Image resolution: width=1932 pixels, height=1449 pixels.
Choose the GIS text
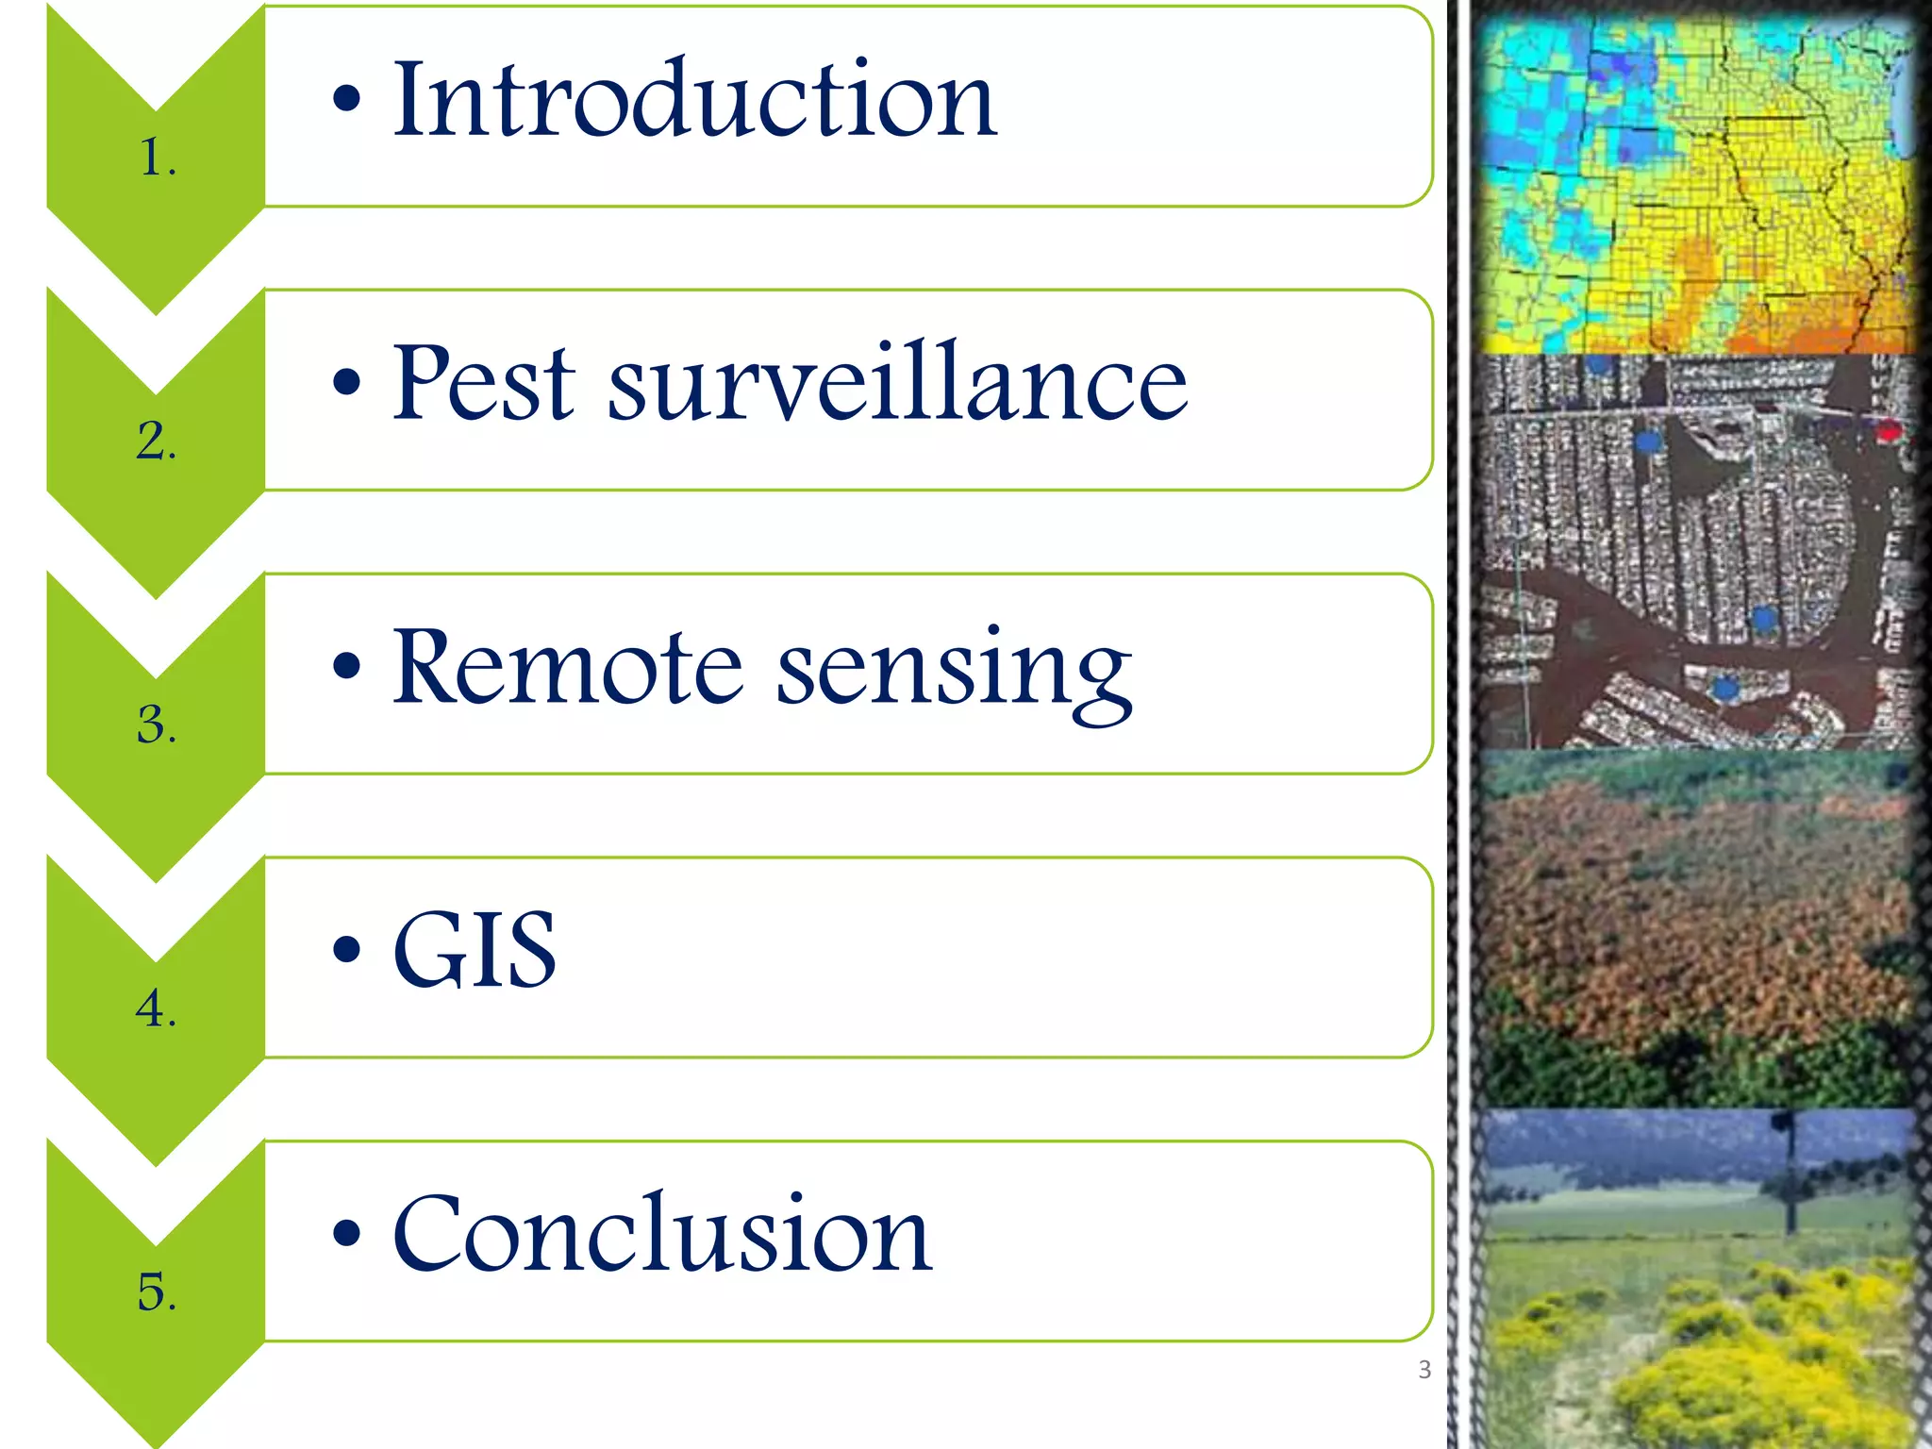[x=475, y=950]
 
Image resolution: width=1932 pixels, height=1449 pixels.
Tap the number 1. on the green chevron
[x=158, y=158]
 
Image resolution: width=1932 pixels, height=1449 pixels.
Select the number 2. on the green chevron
[x=157, y=441]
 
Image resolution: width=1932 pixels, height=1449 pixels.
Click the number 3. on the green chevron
[x=157, y=725]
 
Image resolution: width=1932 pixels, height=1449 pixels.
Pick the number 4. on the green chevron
[x=156, y=1008]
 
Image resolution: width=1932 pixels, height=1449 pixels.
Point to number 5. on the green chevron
[x=157, y=1291]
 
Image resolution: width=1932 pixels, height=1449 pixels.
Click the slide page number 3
[x=1424, y=1370]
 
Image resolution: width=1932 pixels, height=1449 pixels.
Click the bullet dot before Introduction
[x=346, y=98]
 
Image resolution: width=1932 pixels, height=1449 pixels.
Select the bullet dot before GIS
[x=346, y=949]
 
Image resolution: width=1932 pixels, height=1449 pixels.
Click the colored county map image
[x=1693, y=184]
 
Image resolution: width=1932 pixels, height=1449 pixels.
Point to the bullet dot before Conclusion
[x=346, y=1233]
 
